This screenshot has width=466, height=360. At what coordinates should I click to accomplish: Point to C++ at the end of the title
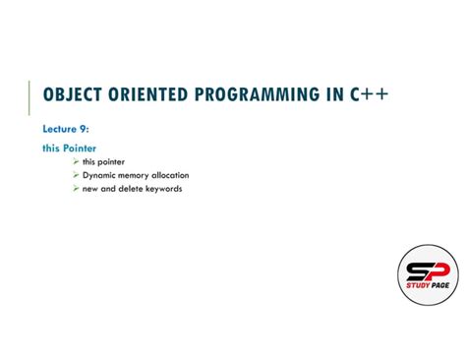pyautogui.click(x=369, y=94)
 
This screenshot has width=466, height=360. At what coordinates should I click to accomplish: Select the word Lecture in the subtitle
pyautogui.click(x=61, y=129)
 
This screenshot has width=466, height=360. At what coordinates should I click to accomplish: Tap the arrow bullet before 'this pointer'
pyautogui.click(x=76, y=161)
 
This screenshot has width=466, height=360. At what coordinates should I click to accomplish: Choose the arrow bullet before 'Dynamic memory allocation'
pyautogui.click(x=76, y=175)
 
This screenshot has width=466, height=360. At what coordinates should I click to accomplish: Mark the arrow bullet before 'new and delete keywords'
pyautogui.click(x=76, y=189)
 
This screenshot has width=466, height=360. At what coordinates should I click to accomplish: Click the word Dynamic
pyautogui.click(x=98, y=175)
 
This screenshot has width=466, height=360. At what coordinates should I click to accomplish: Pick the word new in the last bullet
pyautogui.click(x=89, y=189)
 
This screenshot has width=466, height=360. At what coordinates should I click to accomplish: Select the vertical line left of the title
pyautogui.click(x=29, y=96)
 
